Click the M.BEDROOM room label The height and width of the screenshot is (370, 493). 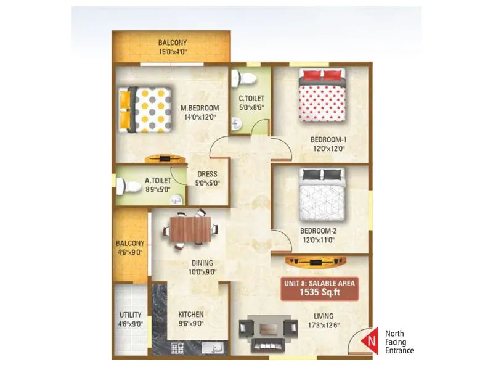tap(200, 109)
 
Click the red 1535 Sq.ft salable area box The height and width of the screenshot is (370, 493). tap(320, 288)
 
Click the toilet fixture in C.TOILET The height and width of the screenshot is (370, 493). tap(246, 78)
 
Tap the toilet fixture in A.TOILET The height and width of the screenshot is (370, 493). tap(131, 185)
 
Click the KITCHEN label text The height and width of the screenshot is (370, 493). tap(190, 314)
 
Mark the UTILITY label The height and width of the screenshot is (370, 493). tap(130, 314)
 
